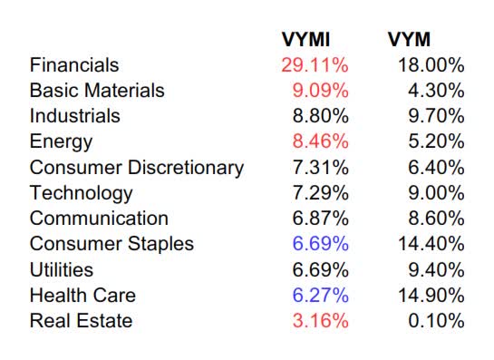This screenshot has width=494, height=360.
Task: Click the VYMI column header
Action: [306, 39]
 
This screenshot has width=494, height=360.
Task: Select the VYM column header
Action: [409, 39]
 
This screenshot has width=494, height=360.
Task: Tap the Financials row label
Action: [74, 65]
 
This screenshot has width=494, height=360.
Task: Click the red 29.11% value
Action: [315, 65]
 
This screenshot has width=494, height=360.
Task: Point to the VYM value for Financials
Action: [431, 65]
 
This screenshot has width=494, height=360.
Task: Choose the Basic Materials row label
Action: [97, 91]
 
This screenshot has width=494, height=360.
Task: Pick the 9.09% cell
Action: [320, 91]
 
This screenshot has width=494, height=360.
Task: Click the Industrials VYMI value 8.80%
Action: [320, 116]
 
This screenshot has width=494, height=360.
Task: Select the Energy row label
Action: [61, 141]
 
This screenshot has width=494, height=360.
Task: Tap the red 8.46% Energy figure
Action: [320, 141]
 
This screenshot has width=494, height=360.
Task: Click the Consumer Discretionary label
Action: [136, 168]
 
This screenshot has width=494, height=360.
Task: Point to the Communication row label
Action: [99, 219]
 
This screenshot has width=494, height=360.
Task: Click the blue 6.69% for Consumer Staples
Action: [320, 244]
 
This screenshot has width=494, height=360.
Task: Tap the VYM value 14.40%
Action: [431, 244]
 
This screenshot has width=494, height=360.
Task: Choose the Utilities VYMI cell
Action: [320, 269]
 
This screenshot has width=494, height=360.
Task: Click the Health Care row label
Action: [82, 296]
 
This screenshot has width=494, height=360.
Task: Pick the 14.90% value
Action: [431, 296]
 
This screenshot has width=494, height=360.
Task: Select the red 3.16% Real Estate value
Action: [320, 321]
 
